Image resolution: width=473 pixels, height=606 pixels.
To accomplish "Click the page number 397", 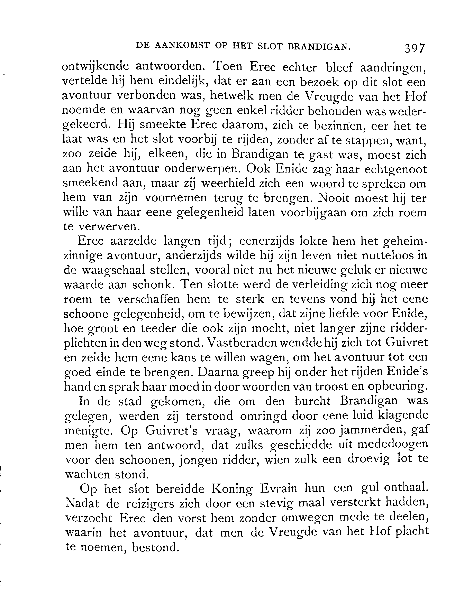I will click(x=415, y=48).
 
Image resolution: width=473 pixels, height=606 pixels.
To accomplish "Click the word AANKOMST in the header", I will click(x=182, y=46).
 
